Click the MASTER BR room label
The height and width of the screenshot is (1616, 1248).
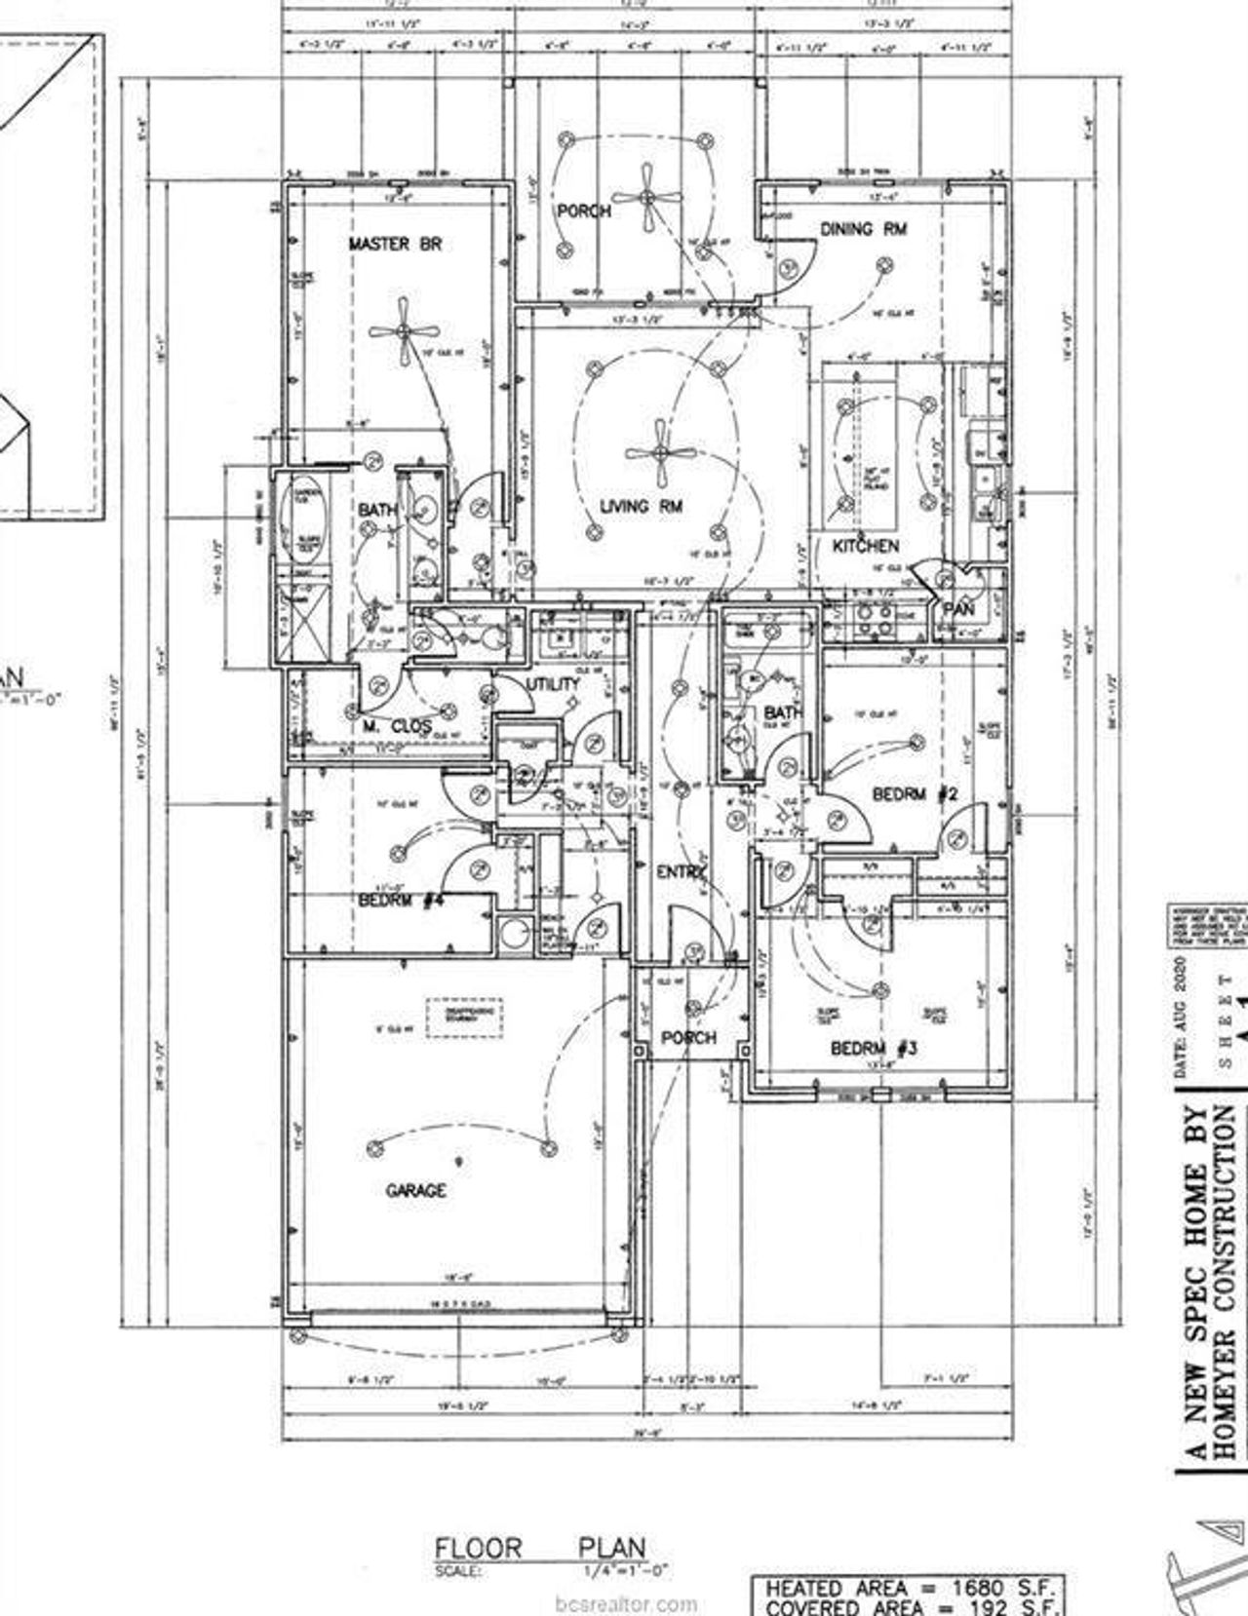click(x=395, y=244)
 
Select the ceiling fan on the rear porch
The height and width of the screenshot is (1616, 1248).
click(x=646, y=198)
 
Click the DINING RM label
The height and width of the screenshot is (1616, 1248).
click(x=864, y=229)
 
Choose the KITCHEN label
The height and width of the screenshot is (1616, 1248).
click(x=865, y=546)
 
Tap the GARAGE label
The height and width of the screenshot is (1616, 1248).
click(x=416, y=1190)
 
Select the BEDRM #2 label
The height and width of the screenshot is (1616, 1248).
click(x=915, y=794)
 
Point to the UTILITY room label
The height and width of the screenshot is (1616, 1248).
click(x=553, y=684)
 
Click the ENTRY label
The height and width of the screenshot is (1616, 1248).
click(x=681, y=872)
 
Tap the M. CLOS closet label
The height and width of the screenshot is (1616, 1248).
click(x=384, y=726)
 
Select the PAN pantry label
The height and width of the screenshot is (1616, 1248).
click(x=958, y=609)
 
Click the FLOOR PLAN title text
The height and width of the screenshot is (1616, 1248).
click(x=539, y=1548)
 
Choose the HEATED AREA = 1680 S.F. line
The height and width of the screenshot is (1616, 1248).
click(x=907, y=1588)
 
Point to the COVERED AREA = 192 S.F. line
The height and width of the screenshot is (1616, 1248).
click(x=907, y=1606)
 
